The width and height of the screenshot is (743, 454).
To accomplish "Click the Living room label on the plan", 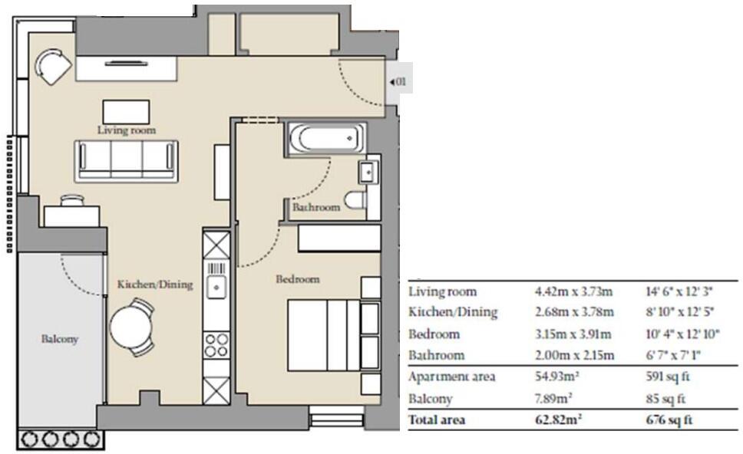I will tap(127, 130).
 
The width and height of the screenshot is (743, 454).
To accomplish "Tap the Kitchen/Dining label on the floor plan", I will tap(155, 285).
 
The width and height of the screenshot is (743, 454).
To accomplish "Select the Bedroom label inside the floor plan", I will tap(297, 279).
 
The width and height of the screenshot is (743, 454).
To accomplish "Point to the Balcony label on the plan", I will tap(60, 338).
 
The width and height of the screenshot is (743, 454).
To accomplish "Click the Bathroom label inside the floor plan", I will tap(315, 207).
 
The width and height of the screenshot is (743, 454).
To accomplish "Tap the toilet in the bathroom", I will tap(355, 201).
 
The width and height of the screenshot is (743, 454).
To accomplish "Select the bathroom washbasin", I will tap(369, 172).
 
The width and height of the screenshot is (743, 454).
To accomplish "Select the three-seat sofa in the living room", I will tap(126, 159).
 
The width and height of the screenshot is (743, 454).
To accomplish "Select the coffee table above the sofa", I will tap(127, 109).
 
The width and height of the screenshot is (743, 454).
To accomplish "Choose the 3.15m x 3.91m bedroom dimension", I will tap(573, 334).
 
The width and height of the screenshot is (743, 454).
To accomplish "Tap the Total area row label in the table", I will tap(437, 420).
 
